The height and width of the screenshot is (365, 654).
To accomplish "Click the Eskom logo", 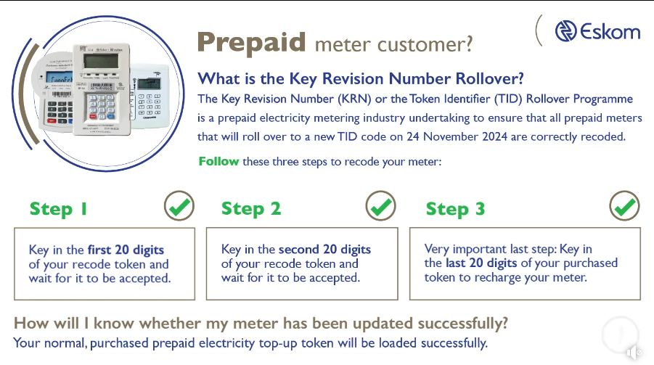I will point(597,30).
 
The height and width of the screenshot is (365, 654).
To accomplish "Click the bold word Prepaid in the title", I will point(252,43).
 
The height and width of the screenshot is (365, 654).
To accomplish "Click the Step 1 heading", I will point(59,209).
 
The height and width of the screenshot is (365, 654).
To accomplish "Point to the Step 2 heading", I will point(251,209).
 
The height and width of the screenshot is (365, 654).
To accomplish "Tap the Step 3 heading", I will point(456,209).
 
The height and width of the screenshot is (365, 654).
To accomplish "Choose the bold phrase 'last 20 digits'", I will point(481,263).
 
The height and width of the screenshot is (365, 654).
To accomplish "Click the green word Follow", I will point(218,161).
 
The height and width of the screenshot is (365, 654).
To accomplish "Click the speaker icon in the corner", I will point(634,352).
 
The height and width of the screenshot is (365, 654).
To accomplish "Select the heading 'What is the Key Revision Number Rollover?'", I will point(361,79).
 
